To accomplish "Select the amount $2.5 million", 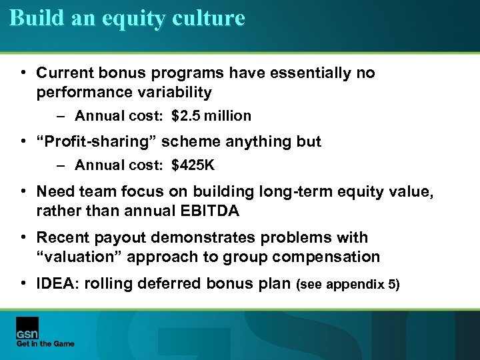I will (x=211, y=116).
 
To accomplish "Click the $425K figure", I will (x=193, y=165).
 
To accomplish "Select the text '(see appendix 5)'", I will (x=349, y=285).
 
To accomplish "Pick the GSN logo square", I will (x=27, y=327).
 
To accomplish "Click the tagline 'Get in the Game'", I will (x=45, y=344).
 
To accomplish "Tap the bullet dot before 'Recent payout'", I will (x=23, y=238).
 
